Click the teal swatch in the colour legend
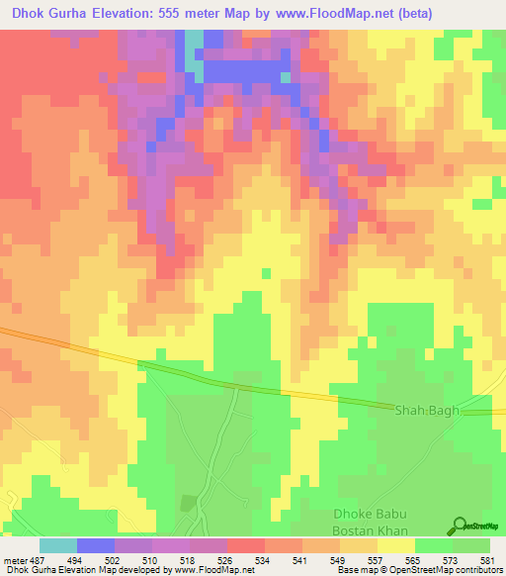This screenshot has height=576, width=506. [x=58, y=545]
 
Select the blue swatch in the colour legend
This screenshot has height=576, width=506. [x=96, y=545]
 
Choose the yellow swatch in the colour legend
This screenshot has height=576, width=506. [x=396, y=545]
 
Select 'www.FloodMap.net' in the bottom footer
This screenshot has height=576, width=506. [x=209, y=571]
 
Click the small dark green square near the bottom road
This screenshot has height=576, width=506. [x=188, y=502]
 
